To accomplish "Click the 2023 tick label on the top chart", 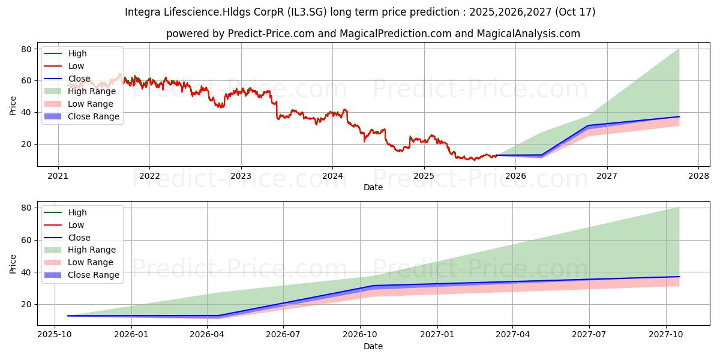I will pos(241,176).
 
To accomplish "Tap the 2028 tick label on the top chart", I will pos(698,176).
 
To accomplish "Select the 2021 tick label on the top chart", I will pos(58,176).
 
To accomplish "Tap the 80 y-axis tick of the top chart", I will pos(26,49).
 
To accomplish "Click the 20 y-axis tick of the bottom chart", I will pos(26,304).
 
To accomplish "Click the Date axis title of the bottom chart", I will pos(373,346).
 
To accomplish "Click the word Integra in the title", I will pos(142,12).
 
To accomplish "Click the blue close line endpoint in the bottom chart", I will pos(679,277).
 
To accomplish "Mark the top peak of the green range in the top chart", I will pos(679,49).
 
